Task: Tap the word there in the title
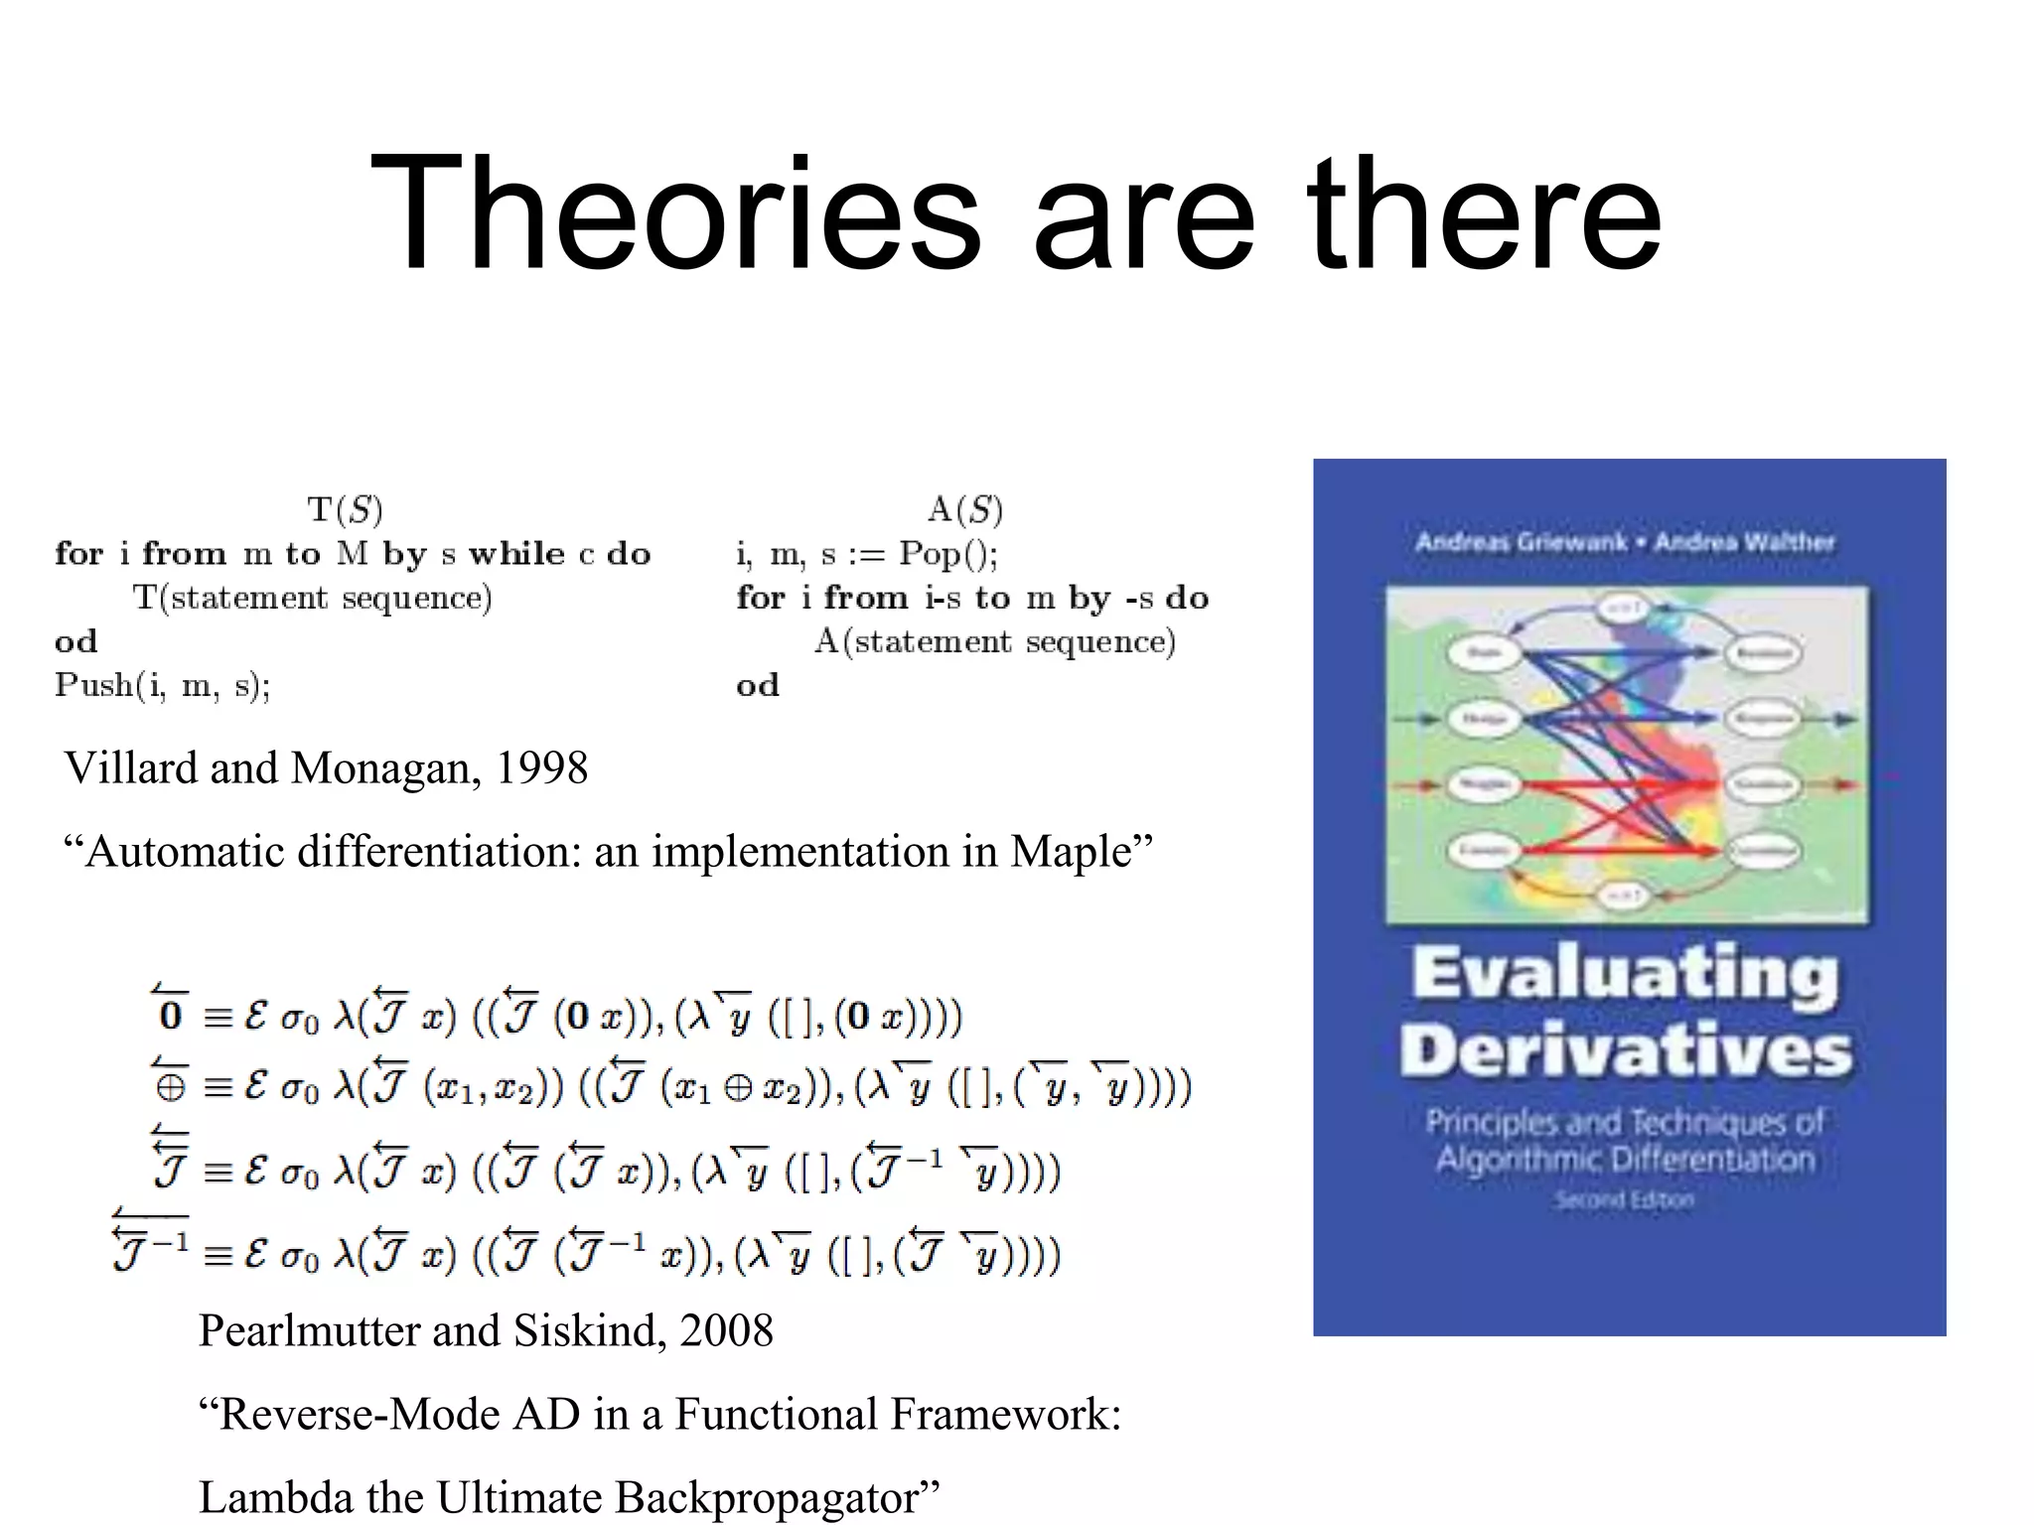[x=1484, y=213]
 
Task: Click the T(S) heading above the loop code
[x=345, y=510]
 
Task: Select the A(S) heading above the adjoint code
[x=964, y=510]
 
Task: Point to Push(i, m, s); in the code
[x=163, y=685]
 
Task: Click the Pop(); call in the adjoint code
[x=948, y=553]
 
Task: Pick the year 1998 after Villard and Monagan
[x=541, y=767]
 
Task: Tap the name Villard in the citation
[x=125, y=767]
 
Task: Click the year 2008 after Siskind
[x=726, y=1330]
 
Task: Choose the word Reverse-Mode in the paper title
[x=358, y=1414]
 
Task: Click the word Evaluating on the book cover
[x=1625, y=975]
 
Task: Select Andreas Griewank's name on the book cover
[x=1521, y=542]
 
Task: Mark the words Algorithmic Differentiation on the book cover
[x=1626, y=1159]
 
